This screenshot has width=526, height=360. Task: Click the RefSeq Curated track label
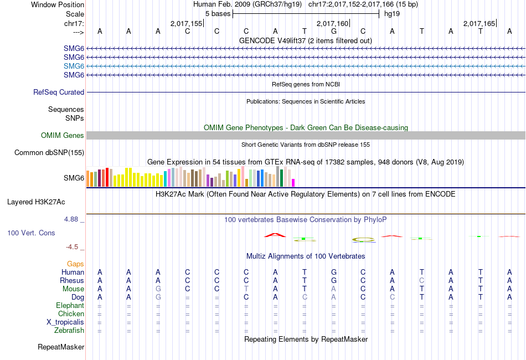(59, 92)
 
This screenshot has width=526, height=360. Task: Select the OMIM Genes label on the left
(63, 136)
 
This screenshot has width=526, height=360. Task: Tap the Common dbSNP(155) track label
(49, 153)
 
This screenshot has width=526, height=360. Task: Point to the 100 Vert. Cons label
(31, 233)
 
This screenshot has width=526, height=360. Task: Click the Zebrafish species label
(70, 331)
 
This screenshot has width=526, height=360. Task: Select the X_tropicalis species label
(65, 322)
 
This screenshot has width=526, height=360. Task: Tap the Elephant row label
(70, 306)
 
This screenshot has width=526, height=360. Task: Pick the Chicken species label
(71, 314)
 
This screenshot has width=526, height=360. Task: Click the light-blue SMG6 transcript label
(74, 66)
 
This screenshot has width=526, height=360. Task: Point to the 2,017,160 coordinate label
(332, 24)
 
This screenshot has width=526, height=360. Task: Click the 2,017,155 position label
(187, 24)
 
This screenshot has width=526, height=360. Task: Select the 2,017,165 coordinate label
(479, 24)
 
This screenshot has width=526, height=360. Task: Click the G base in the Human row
(333, 272)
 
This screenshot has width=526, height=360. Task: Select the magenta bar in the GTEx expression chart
(293, 182)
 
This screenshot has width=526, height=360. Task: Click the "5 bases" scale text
(217, 13)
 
